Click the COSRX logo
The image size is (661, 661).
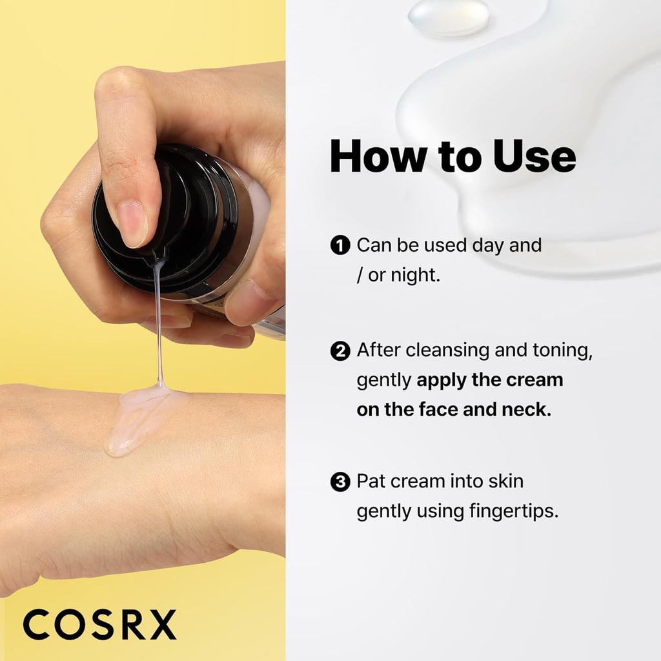[99, 624]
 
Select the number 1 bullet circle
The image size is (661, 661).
[340, 245]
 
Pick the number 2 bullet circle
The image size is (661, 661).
[340, 351]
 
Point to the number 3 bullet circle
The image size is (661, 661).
[340, 482]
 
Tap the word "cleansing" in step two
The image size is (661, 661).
[445, 351]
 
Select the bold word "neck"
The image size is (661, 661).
[525, 409]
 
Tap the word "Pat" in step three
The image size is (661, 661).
[371, 482]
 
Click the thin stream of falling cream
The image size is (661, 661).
[158, 323]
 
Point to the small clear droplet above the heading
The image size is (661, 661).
[448, 15]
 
